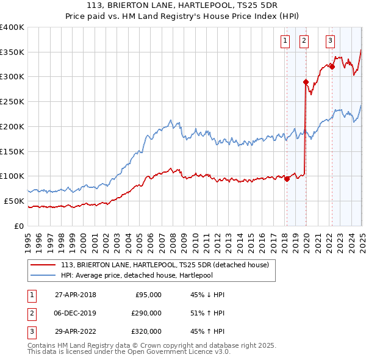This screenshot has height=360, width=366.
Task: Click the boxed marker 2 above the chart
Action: click(x=304, y=41)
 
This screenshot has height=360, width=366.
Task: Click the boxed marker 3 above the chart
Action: click(x=330, y=41)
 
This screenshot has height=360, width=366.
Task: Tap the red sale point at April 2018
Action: click(x=287, y=179)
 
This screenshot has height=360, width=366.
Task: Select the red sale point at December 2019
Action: click(x=305, y=81)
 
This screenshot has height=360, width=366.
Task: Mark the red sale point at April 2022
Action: click(x=332, y=67)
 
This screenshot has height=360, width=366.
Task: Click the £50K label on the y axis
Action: click(x=14, y=201)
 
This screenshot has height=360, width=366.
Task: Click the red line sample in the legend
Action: click(x=43, y=265)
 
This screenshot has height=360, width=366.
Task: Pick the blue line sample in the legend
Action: click(x=43, y=275)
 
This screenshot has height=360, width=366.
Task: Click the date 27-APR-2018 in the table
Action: click(x=76, y=295)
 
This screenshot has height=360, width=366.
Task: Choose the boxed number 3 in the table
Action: click(x=30, y=333)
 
